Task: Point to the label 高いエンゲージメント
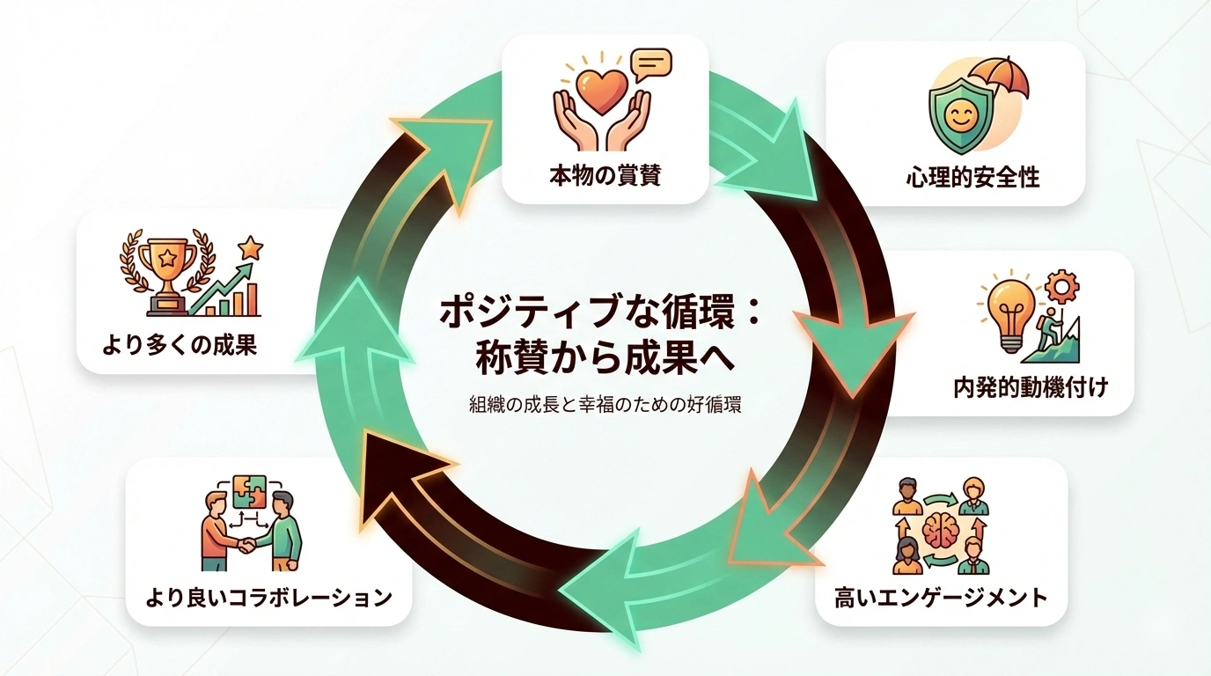click(941, 599)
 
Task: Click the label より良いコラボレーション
click(268, 599)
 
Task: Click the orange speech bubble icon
click(651, 63)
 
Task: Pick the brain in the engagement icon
click(940, 528)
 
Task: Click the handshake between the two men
click(247, 546)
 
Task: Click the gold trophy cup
click(168, 264)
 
